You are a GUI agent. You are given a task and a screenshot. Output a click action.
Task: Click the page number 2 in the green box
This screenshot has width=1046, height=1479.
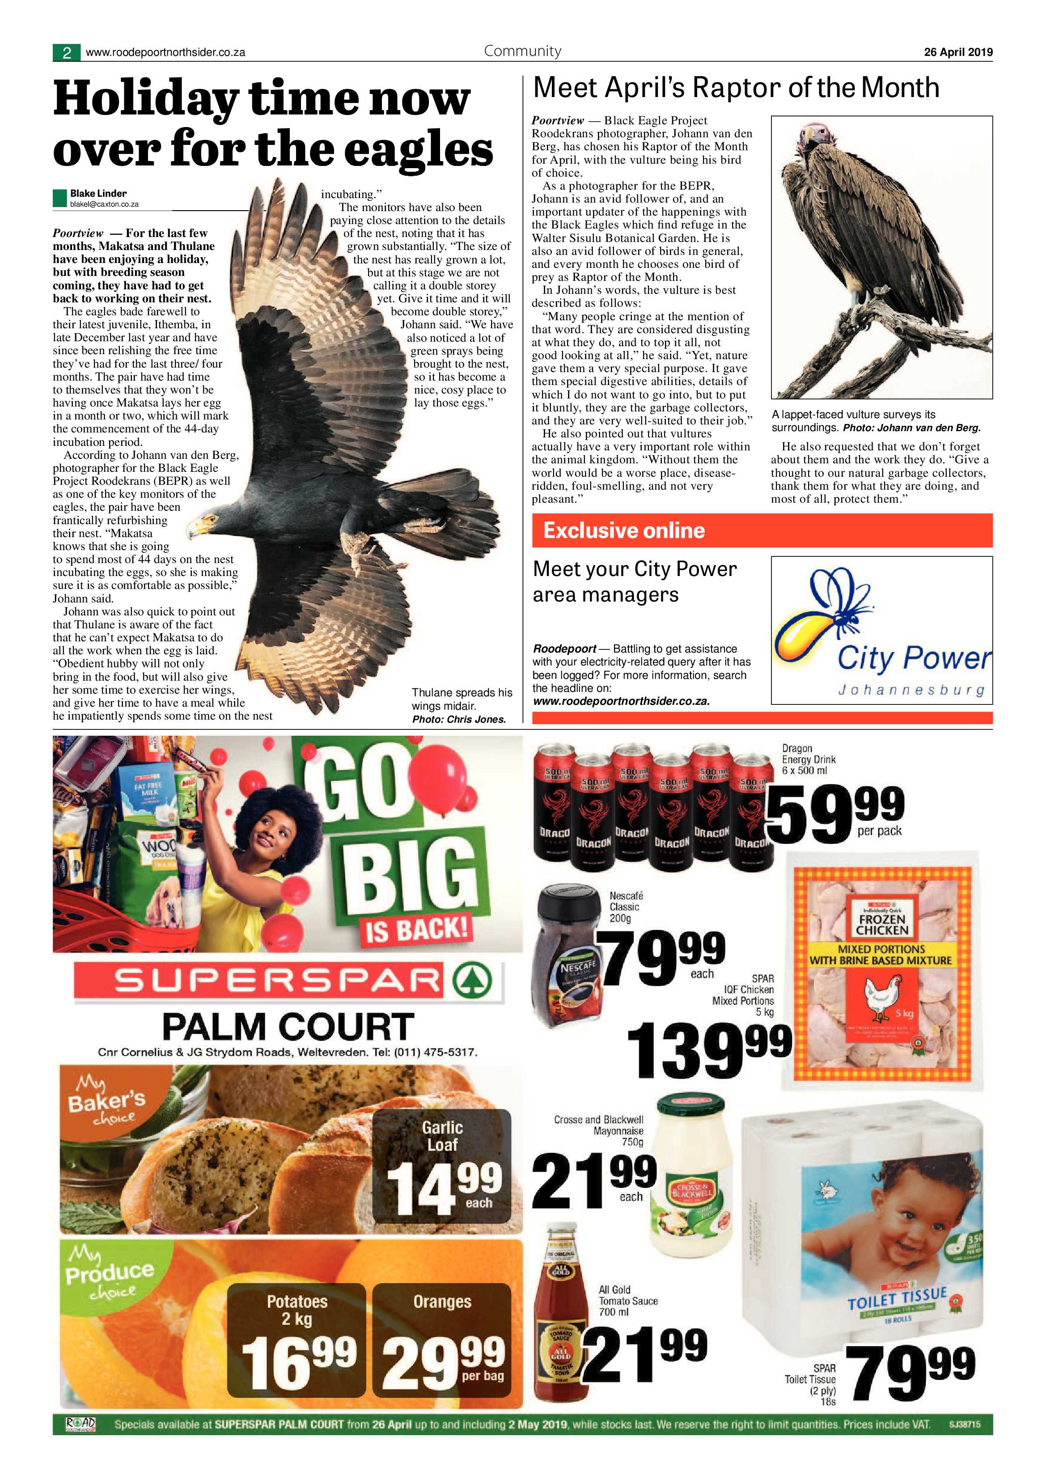(66, 53)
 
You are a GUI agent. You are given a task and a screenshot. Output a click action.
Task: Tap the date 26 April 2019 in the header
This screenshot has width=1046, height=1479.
(958, 52)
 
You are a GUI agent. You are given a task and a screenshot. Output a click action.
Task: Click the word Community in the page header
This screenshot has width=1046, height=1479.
(522, 51)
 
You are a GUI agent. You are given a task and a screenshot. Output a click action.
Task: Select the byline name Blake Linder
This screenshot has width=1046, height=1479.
(98, 193)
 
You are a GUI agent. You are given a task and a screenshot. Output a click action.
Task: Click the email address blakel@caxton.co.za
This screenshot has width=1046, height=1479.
(104, 204)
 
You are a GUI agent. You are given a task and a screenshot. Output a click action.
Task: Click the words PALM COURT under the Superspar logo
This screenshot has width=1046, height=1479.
(288, 1027)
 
